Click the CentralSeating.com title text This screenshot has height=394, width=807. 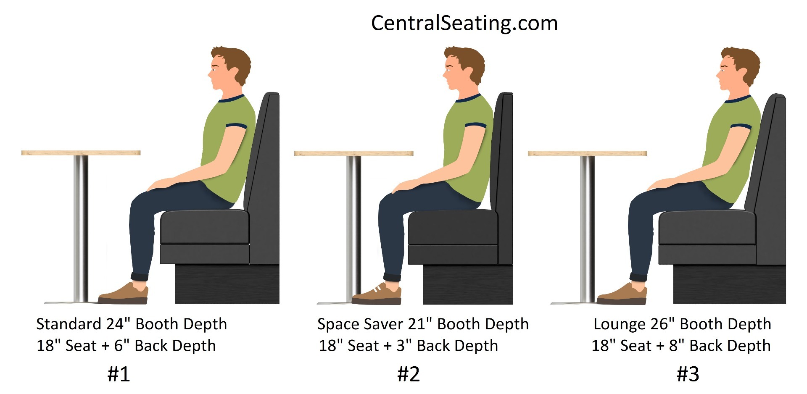click(464, 23)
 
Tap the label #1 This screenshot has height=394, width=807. click(119, 374)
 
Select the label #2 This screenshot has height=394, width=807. click(408, 374)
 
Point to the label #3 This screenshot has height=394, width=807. click(688, 374)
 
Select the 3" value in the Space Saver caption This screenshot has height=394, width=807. click(404, 346)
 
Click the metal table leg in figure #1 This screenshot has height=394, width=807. click(81, 227)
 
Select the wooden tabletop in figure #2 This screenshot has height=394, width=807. click(353, 153)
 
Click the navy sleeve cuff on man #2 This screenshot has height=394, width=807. click(475, 125)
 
